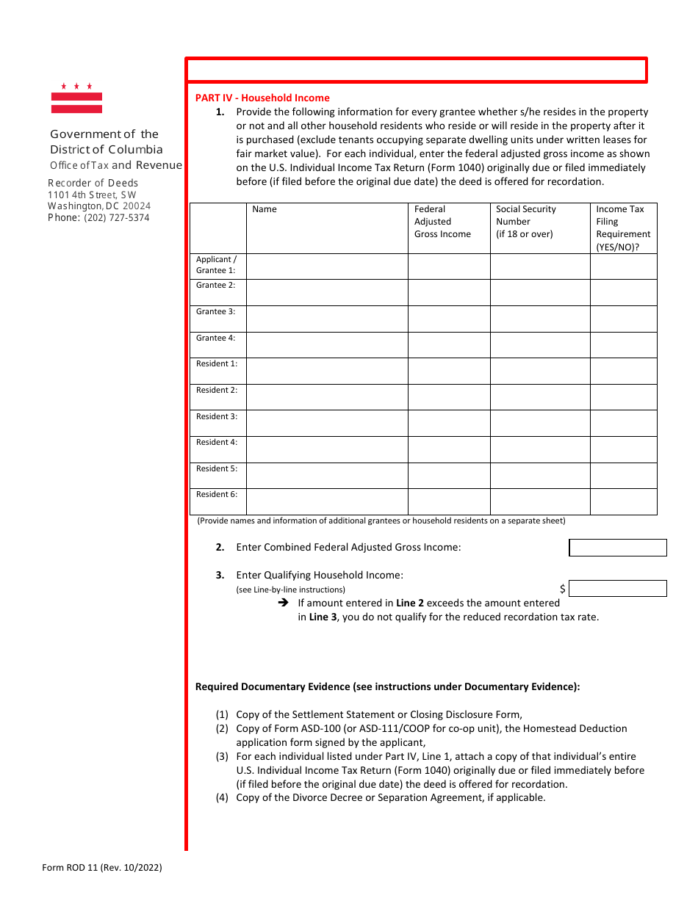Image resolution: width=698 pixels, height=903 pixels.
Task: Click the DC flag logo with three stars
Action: (76, 98)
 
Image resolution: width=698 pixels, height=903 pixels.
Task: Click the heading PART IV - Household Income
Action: (262, 98)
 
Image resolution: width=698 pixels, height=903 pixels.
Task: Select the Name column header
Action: (265, 209)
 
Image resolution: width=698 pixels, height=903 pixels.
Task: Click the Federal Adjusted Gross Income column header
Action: (442, 222)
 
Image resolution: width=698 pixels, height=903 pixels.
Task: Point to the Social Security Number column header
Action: (526, 222)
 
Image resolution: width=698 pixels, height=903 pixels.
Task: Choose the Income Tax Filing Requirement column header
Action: (623, 228)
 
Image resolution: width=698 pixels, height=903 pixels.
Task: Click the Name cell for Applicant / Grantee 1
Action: (327, 266)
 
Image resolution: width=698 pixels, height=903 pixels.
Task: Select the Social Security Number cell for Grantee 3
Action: (540, 319)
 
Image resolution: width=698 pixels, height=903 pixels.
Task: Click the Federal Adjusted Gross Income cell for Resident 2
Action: (449, 397)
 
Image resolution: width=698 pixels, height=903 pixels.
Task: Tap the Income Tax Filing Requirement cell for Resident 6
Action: (623, 501)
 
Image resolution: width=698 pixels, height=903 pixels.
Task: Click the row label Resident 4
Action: (217, 443)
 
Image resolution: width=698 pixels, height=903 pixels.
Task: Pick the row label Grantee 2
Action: (216, 286)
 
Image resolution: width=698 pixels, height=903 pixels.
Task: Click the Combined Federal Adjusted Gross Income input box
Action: (618, 548)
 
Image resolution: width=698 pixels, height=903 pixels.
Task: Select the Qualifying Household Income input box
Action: (618, 589)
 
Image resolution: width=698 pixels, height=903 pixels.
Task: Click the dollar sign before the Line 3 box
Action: (563, 589)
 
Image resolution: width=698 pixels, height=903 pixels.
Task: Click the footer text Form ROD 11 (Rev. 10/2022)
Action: (102, 868)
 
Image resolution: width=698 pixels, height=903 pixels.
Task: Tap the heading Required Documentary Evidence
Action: (387, 687)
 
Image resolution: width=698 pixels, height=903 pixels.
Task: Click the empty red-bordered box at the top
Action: (416, 70)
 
